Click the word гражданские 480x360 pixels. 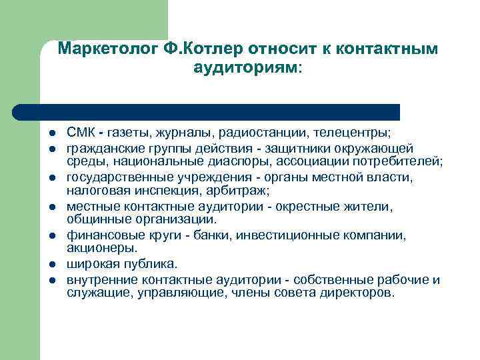tap(102, 147)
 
